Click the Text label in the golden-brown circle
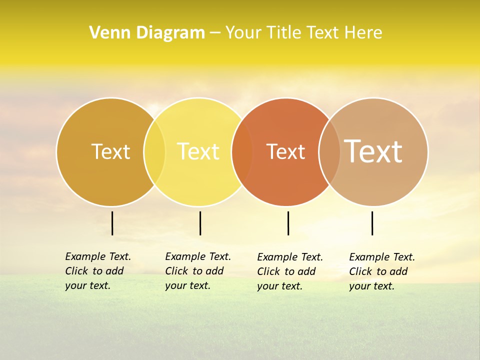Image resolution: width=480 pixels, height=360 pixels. (110, 151)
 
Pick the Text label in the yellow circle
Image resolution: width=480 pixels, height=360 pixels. (198, 151)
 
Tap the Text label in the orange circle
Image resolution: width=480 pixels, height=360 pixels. (285, 152)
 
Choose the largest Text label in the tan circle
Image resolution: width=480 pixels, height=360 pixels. (373, 151)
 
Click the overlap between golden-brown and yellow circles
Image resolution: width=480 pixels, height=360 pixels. (154, 152)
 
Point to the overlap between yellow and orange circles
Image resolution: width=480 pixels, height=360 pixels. (242, 152)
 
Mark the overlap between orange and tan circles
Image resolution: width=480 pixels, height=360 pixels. (329, 152)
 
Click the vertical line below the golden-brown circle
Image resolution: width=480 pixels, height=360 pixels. (112, 223)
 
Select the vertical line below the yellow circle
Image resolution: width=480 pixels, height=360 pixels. (200, 223)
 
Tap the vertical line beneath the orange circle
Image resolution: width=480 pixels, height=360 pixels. (288, 223)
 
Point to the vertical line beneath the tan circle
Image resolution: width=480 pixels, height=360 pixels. (372, 223)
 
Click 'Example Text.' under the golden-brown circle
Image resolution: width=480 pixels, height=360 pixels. (98, 256)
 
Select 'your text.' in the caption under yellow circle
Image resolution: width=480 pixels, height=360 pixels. (187, 285)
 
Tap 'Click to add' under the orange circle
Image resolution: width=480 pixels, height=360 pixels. (286, 271)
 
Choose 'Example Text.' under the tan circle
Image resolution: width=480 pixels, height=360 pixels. (382, 257)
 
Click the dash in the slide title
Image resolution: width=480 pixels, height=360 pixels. (215, 33)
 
